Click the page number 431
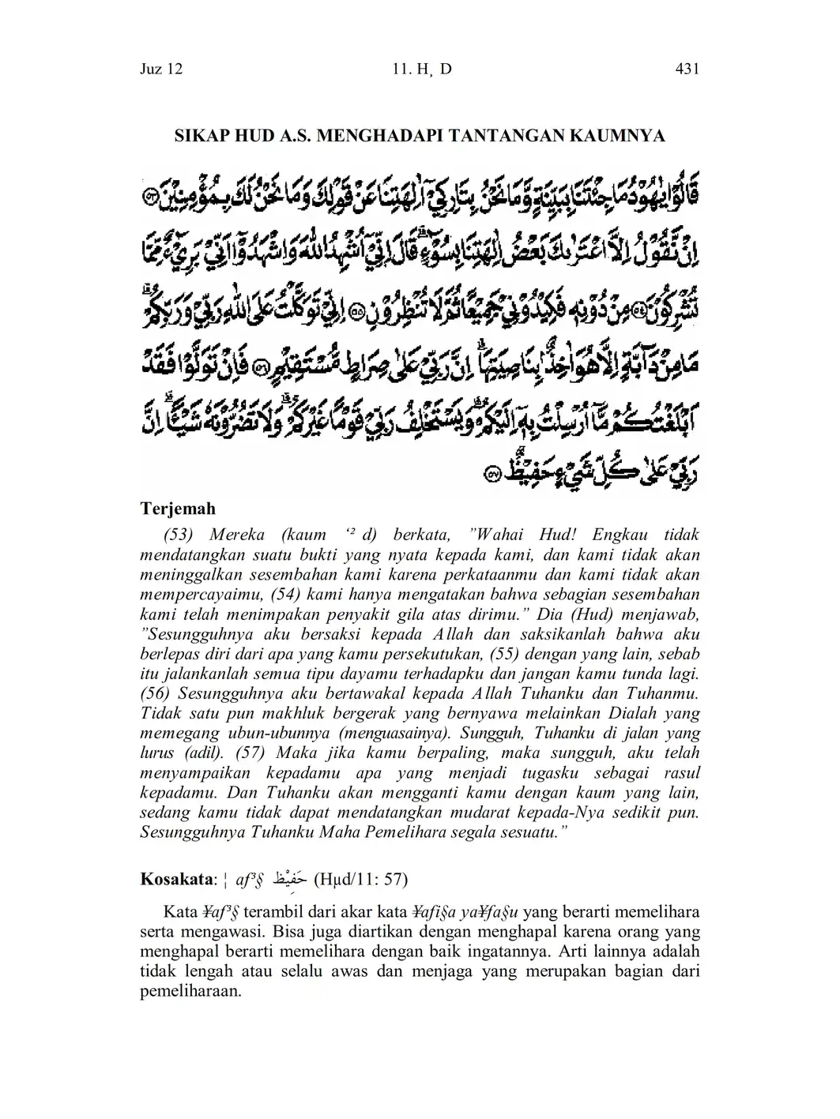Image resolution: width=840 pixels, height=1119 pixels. pos(687,69)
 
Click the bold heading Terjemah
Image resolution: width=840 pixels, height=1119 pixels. pos(178,509)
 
